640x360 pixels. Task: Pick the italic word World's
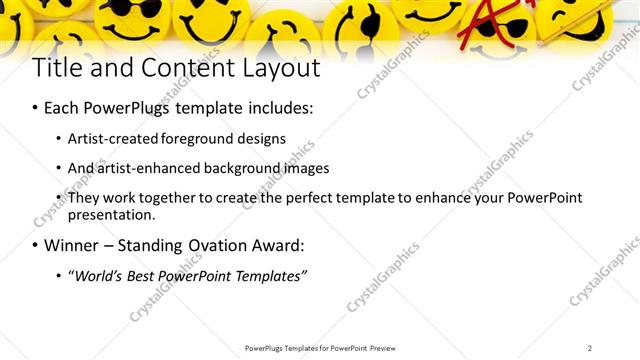coord(101,275)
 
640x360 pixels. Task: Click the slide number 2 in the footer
coord(590,348)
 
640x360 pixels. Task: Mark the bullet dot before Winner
coord(36,245)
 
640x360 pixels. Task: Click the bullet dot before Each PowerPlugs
coord(36,107)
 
